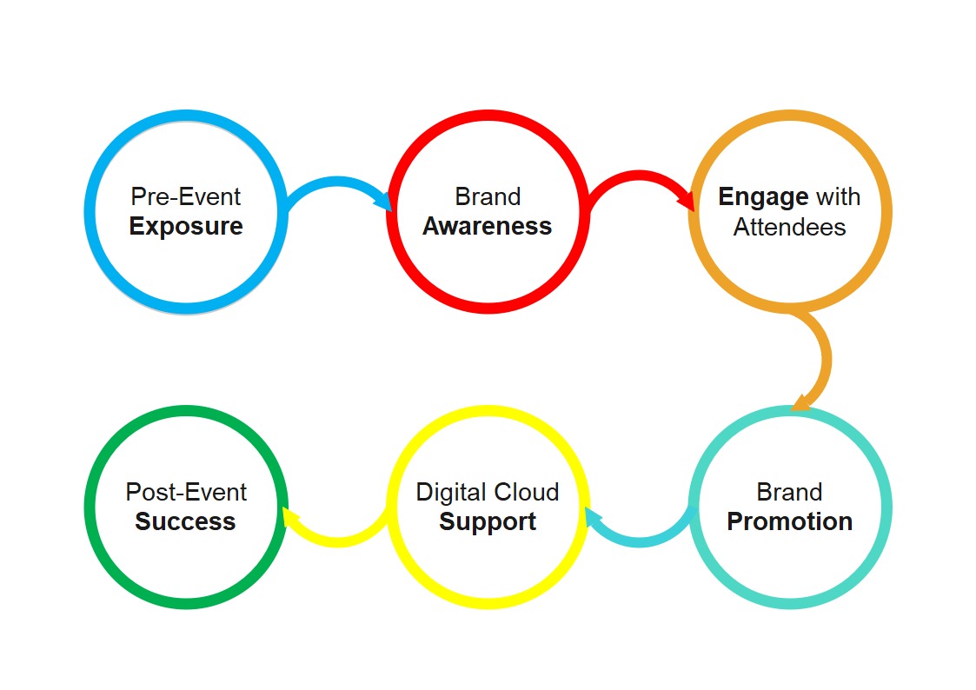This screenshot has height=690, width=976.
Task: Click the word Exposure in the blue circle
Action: click(x=186, y=227)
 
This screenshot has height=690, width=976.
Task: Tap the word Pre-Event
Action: click(x=186, y=197)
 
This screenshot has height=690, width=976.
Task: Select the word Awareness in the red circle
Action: click(x=488, y=227)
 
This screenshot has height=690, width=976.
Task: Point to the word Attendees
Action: click(x=789, y=227)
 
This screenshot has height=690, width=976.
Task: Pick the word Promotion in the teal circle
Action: click(x=789, y=521)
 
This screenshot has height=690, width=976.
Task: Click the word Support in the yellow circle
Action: click(x=488, y=521)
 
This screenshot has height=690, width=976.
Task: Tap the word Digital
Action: click(x=448, y=492)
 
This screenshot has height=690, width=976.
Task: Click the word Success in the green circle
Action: click(x=186, y=521)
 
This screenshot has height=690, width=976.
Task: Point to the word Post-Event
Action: click(x=186, y=492)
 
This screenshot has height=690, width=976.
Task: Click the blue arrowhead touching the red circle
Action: click(x=383, y=201)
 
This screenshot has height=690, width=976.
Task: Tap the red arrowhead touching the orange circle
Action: click(x=686, y=201)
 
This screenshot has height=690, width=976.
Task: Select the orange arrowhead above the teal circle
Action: click(x=802, y=401)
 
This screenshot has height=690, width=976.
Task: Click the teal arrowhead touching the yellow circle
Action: click(x=594, y=519)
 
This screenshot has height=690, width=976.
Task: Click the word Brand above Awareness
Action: click(x=488, y=197)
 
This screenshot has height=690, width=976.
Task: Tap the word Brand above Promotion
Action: click(x=789, y=492)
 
